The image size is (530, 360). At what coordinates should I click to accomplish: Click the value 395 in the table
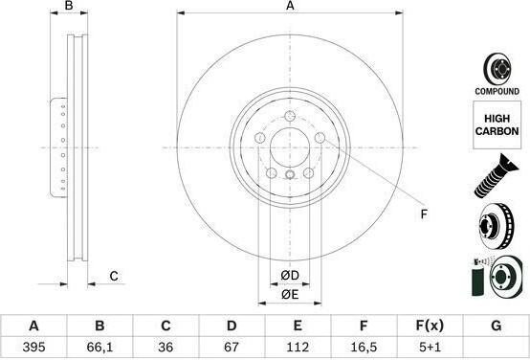pyautogui.click(x=33, y=347)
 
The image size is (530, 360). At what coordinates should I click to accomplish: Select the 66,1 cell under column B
pyautogui.click(x=99, y=347)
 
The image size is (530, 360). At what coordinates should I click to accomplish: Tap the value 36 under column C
pyautogui.click(x=166, y=347)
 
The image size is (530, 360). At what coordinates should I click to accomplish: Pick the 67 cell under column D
pyautogui.click(x=232, y=347)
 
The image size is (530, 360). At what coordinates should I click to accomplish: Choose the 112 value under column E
pyautogui.click(x=298, y=347)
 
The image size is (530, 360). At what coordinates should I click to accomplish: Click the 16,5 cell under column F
pyautogui.click(x=364, y=347)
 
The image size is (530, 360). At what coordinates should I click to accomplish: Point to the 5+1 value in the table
pyautogui.click(x=430, y=347)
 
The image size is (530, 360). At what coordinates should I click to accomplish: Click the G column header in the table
pyautogui.click(x=496, y=326)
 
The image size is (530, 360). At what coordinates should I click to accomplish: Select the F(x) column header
pyautogui.click(x=430, y=326)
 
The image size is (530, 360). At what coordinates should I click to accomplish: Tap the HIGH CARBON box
pyautogui.click(x=497, y=124)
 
